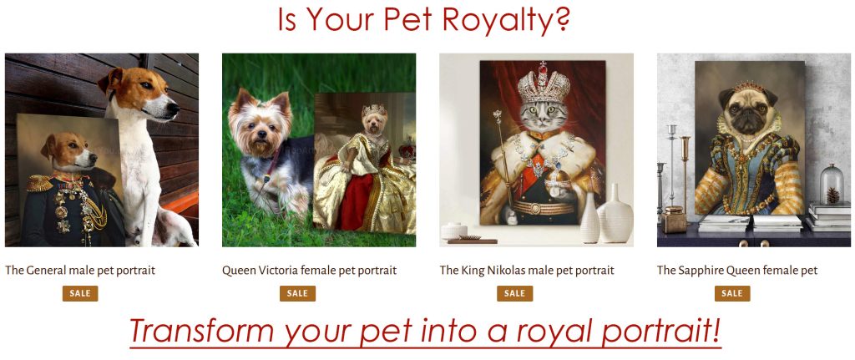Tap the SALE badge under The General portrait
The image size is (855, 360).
(80, 293)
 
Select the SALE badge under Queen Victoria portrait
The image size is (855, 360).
(297, 293)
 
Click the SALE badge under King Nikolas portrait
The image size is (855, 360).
(514, 293)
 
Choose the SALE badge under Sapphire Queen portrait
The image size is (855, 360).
(731, 293)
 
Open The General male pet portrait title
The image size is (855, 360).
(80, 270)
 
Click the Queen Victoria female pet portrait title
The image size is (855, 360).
(309, 270)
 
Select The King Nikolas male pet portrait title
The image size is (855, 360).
(527, 270)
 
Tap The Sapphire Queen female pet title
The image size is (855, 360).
(737, 270)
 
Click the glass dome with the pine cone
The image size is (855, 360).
(832, 185)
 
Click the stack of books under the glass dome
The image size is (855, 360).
(828, 216)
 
